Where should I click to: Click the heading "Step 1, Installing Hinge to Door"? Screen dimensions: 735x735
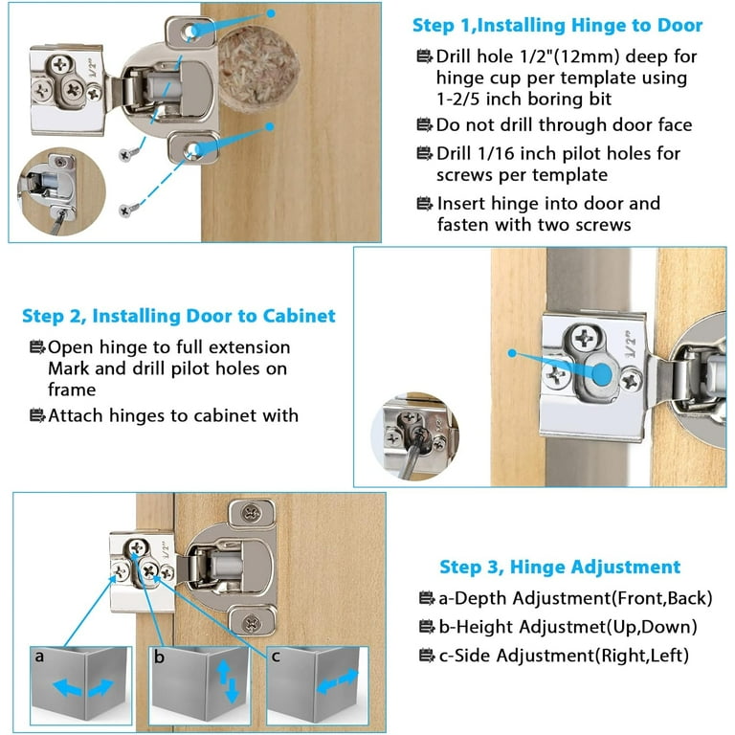(557, 25)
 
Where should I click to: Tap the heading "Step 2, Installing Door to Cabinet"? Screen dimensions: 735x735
(179, 316)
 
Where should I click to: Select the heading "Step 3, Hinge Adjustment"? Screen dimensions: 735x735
(560, 567)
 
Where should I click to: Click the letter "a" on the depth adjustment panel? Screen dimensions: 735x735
(39, 657)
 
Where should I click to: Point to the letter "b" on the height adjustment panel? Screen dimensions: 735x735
(160, 657)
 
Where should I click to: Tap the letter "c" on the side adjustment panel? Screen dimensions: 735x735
(276, 657)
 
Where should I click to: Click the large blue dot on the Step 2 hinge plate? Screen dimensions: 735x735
(602, 374)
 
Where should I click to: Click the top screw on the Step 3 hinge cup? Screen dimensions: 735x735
(252, 513)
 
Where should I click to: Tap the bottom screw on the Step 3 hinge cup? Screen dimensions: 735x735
(252, 623)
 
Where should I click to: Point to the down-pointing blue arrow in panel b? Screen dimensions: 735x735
(232, 691)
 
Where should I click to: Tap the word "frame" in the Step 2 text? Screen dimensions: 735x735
(72, 390)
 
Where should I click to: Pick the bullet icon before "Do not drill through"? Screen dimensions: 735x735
(425, 124)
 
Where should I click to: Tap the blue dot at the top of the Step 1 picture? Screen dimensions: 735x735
(271, 13)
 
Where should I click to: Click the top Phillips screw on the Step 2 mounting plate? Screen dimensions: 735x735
(585, 338)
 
